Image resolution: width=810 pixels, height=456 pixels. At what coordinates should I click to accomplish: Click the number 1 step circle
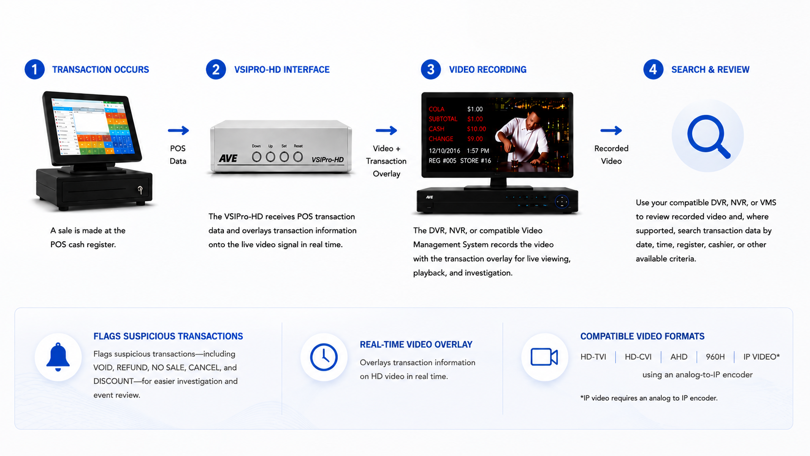[34, 69]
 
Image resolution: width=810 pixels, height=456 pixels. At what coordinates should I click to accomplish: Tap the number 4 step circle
[653, 69]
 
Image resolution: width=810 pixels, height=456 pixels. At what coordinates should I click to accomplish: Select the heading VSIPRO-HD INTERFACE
[282, 69]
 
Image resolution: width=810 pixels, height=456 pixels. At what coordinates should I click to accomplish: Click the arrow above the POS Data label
[178, 130]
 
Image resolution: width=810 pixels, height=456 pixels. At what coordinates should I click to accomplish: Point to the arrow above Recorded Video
[611, 130]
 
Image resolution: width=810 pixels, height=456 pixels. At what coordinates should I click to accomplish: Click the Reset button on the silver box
[298, 157]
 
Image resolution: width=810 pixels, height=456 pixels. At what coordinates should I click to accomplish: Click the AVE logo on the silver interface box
[228, 158]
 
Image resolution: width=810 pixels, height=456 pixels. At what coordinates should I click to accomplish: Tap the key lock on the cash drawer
[140, 189]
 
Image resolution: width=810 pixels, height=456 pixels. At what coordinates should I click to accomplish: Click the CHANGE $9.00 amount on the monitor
[475, 139]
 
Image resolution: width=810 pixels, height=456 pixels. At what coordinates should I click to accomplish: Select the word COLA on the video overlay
[436, 109]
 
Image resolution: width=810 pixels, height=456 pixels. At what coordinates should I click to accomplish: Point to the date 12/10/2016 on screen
[445, 151]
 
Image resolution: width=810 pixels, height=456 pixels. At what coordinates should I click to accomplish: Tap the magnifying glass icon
[708, 136]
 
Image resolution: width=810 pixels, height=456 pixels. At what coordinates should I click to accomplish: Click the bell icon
[58, 357]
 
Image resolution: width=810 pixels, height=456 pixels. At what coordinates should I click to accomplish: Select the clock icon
[324, 357]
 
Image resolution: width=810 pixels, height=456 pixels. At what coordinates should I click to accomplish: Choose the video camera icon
[544, 357]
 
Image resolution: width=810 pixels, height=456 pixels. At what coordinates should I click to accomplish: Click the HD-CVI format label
[638, 357]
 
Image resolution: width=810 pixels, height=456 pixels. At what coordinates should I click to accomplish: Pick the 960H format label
[715, 357]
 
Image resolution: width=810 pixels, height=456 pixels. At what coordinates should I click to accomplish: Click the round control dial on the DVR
[562, 202]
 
